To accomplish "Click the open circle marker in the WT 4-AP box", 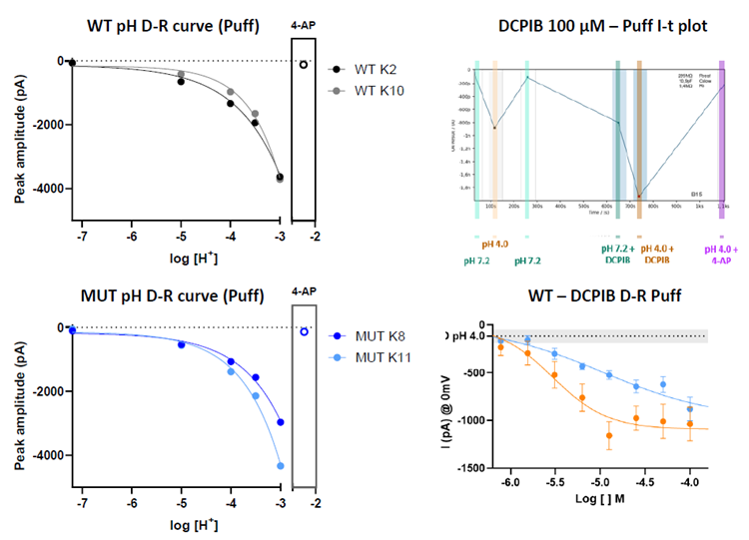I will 304,64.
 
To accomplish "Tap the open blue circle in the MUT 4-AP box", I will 304,331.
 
